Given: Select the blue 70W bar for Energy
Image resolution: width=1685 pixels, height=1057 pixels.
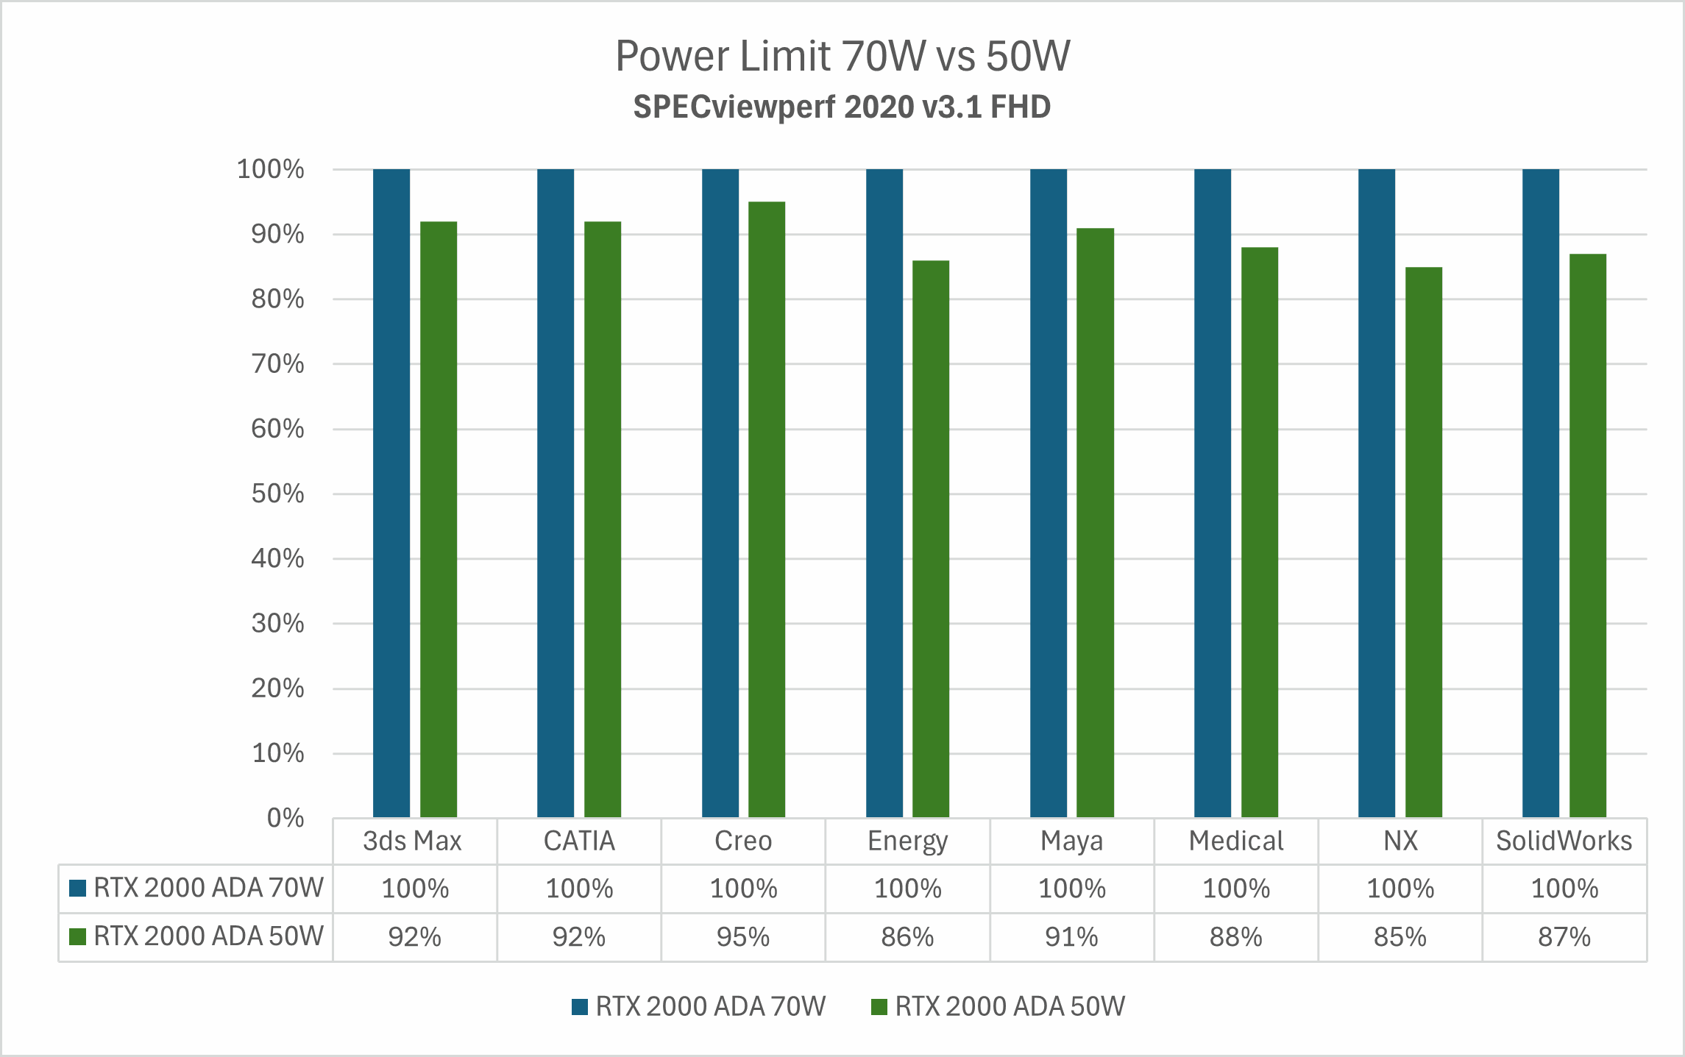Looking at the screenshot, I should click(x=884, y=493).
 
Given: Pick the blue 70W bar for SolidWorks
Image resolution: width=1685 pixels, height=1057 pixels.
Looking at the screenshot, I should click(x=1540, y=493).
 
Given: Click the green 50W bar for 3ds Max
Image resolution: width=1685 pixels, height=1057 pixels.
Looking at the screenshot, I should click(x=439, y=519).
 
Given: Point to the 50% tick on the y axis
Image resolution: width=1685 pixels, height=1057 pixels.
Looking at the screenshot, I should click(x=277, y=494).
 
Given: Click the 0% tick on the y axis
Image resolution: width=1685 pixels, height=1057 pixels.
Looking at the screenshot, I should click(x=285, y=818).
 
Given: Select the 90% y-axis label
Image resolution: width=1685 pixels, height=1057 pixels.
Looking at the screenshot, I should click(x=277, y=235).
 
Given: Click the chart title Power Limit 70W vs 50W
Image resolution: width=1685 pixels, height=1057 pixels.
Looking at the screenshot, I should click(x=842, y=56).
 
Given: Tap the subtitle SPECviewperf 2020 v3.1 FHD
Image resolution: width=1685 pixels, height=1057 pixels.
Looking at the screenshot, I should click(x=842, y=107).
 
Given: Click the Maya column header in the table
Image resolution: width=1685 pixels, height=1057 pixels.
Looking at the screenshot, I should click(x=1071, y=841).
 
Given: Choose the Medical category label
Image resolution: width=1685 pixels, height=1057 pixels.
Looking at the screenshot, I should click(x=1235, y=841).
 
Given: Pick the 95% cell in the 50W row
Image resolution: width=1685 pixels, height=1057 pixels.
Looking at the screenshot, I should click(x=743, y=937).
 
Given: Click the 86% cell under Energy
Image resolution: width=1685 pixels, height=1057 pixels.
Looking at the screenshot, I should click(x=907, y=937).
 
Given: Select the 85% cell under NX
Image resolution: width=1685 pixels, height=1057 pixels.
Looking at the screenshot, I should click(x=1400, y=937).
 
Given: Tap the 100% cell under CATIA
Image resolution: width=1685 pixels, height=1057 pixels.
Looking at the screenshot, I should click(x=579, y=889).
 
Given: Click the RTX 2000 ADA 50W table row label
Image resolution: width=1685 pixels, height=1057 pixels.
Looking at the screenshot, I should click(x=208, y=936).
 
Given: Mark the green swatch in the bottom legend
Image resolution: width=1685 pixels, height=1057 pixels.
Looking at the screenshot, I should click(x=879, y=1007).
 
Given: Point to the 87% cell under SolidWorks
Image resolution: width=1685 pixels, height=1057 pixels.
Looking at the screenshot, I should click(x=1564, y=937).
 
